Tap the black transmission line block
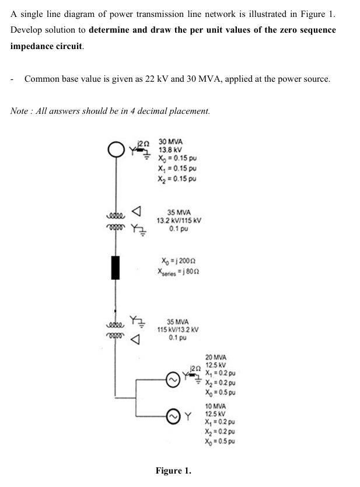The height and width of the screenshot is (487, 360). pos(115,267)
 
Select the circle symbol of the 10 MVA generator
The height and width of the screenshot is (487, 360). pos(173,415)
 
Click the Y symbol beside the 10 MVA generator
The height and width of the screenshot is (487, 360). pos(189,416)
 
